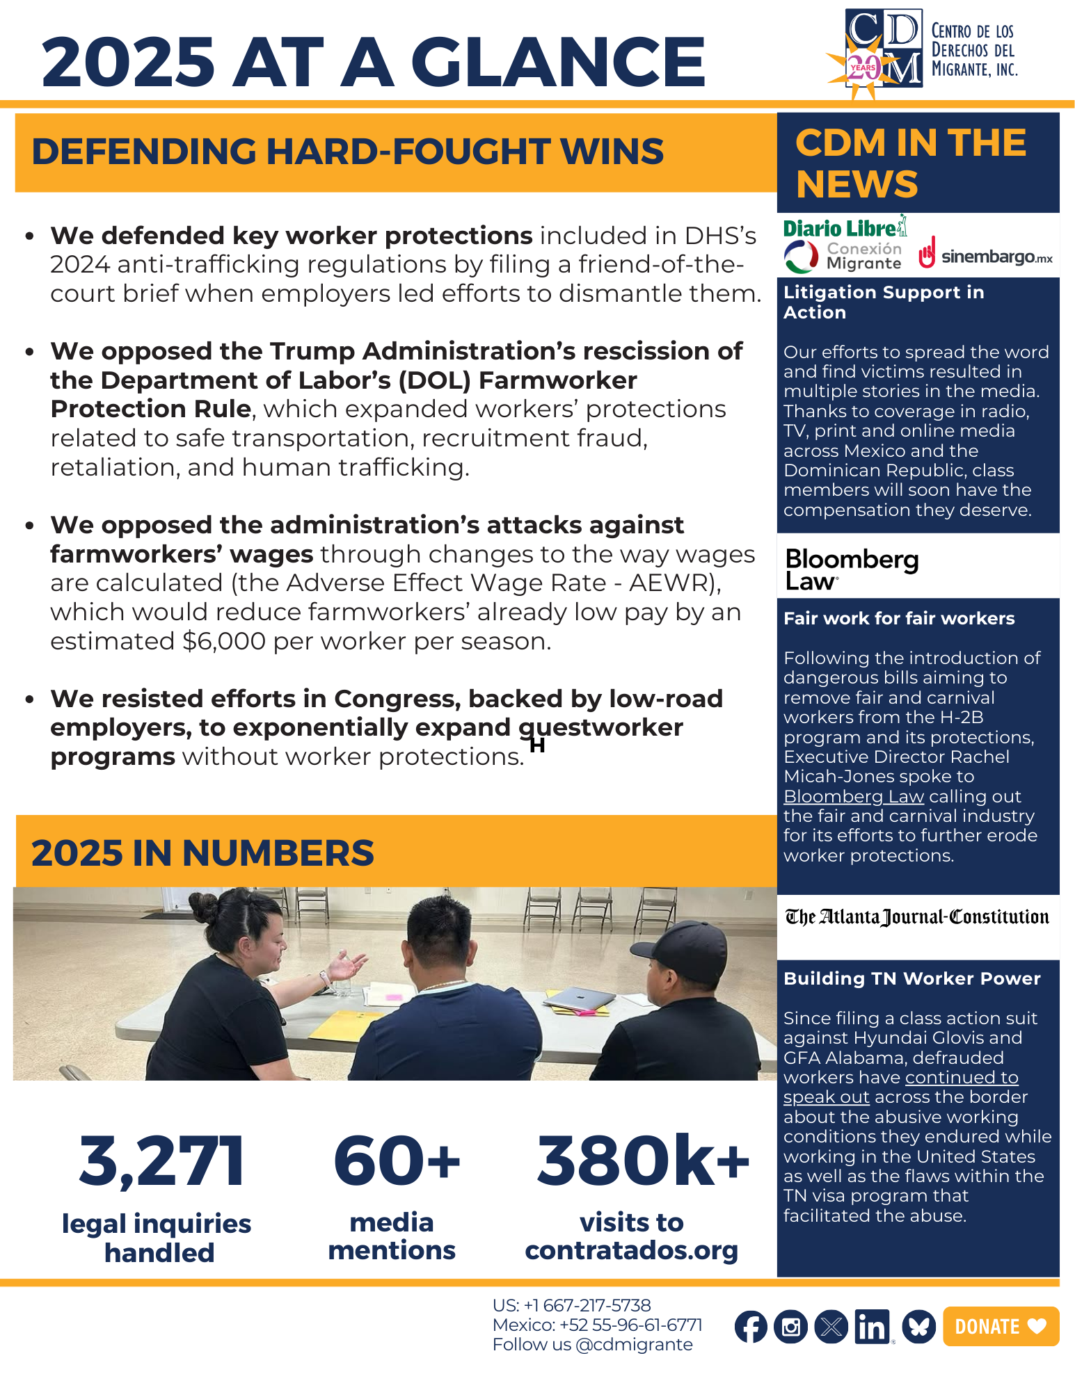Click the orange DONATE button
click(x=1001, y=1326)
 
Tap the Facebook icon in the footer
click(x=751, y=1327)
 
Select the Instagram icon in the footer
click(x=791, y=1327)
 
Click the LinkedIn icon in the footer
click(x=872, y=1327)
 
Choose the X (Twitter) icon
click(x=831, y=1327)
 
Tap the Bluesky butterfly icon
click(x=918, y=1327)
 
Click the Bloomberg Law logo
click(x=852, y=569)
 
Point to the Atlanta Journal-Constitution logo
click(x=917, y=917)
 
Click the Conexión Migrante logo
click(x=843, y=257)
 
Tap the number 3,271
click(x=161, y=1161)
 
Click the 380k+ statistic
click(x=642, y=1161)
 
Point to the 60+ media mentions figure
click(x=397, y=1161)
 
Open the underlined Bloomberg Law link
click(x=853, y=796)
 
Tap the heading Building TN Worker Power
click(x=911, y=978)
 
